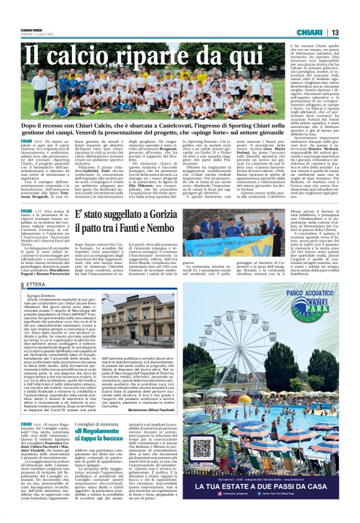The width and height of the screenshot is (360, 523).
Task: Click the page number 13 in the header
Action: [x=335, y=32]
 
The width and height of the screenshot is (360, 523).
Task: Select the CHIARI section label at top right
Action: [x=308, y=32]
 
